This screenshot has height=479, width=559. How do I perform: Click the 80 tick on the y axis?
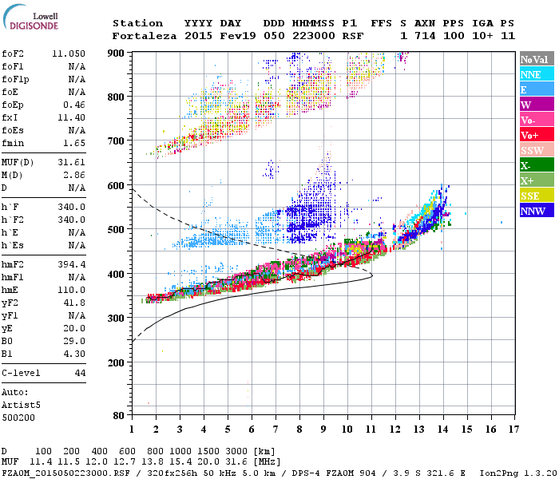point(120,415)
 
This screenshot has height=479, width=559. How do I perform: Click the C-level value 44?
point(80,373)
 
